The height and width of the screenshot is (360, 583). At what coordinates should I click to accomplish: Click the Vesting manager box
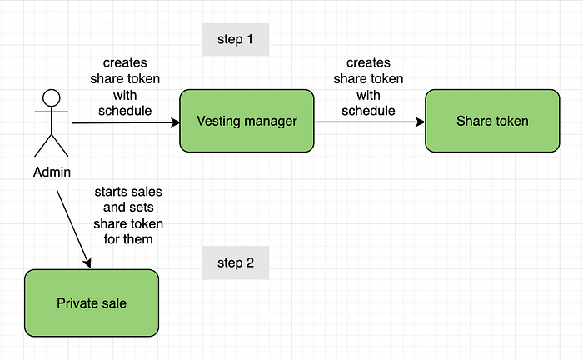pyautogui.click(x=247, y=121)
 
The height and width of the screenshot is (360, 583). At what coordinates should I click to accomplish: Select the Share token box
pyautogui.click(x=492, y=121)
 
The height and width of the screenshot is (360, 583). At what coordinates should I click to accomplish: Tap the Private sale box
pyautogui.click(x=92, y=303)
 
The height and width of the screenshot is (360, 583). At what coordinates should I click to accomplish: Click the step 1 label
pyautogui.click(x=236, y=39)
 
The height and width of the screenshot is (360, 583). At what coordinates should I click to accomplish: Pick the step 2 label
pyautogui.click(x=236, y=262)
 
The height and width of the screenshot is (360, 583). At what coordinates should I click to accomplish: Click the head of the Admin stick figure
pyautogui.click(x=52, y=98)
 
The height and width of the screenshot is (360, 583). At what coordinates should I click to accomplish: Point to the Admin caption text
pyautogui.click(x=52, y=172)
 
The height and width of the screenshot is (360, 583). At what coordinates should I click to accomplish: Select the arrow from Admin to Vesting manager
pyautogui.click(x=126, y=122)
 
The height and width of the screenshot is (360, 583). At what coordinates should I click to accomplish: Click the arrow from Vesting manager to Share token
pyautogui.click(x=370, y=122)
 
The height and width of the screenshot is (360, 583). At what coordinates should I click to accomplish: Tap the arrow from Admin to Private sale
pyautogui.click(x=73, y=228)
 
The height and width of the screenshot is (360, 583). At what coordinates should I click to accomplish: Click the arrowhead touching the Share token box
pyautogui.click(x=421, y=122)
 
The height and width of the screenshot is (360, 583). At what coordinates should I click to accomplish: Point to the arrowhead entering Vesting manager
pyautogui.click(x=176, y=122)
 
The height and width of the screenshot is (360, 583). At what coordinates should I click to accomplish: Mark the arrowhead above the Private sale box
pyautogui.click(x=87, y=262)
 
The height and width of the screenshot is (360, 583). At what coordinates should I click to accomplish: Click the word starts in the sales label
pyautogui.click(x=109, y=192)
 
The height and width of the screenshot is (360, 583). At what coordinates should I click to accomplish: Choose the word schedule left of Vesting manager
pyautogui.click(x=125, y=111)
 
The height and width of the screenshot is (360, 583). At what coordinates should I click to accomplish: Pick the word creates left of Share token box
pyautogui.click(x=368, y=62)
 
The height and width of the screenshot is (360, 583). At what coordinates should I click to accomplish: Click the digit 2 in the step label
pyautogui.click(x=250, y=262)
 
